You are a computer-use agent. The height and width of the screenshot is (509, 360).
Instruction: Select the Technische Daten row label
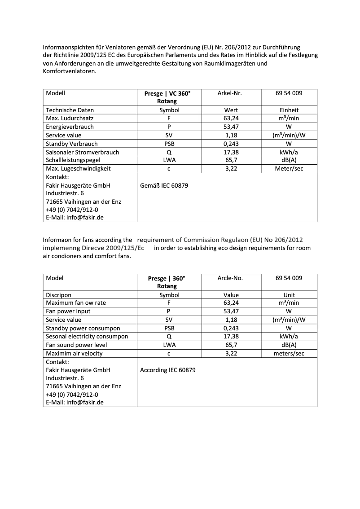coord(70,110)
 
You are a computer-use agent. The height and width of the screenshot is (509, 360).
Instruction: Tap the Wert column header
coord(231,110)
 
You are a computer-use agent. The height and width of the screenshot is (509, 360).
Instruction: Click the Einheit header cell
coord(289,110)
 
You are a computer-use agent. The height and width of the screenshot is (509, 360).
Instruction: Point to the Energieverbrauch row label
coord(70,127)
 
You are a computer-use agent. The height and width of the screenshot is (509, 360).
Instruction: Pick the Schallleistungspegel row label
coord(73,160)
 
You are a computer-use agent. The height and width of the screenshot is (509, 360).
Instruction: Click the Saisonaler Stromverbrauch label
coord(82,152)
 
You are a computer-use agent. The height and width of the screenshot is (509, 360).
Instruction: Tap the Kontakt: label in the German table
coord(57,177)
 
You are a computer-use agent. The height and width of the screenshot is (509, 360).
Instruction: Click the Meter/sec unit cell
coord(289,169)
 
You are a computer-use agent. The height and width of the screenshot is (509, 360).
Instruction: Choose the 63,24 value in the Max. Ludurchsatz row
coord(231,118)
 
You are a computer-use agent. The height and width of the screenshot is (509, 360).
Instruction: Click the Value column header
coord(231,295)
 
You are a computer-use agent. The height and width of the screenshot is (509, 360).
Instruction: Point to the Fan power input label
coord(68,312)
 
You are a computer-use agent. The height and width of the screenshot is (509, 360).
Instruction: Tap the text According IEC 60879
coord(167,370)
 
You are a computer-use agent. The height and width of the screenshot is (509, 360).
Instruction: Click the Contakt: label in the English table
coord(57,362)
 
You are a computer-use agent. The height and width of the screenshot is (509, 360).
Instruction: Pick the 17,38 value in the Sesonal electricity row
coord(231,337)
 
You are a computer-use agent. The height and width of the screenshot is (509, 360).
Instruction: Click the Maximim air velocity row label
coord(74,354)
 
